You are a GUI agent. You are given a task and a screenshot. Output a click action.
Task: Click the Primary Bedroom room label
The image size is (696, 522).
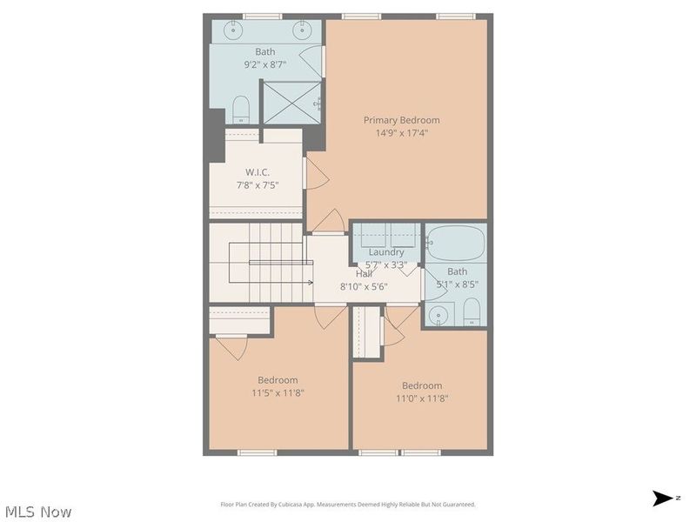[401, 120]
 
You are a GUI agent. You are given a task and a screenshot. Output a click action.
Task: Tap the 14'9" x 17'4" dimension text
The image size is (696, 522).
[401, 133]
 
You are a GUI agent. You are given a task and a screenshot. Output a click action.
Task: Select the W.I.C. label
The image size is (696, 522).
[257, 172]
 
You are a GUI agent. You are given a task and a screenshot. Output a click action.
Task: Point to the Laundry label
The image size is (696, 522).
[386, 252]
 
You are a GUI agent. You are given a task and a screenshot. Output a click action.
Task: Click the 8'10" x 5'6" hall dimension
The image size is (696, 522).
[363, 286]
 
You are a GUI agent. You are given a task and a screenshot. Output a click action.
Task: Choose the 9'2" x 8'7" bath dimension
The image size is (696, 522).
[265, 64]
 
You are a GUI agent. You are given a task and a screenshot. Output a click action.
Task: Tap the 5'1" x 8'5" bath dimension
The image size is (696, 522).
[457, 284]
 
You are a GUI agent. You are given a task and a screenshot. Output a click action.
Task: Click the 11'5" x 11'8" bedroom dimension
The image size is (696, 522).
[278, 392]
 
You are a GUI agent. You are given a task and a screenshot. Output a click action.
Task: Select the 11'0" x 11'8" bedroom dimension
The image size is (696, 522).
[422, 398]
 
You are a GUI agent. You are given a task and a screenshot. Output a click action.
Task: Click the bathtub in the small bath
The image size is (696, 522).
[455, 243]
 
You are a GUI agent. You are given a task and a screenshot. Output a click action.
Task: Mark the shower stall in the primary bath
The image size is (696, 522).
[292, 103]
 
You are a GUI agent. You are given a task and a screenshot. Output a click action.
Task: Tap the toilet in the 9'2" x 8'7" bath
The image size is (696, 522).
[241, 109]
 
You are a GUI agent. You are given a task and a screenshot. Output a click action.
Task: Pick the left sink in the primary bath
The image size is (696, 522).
[234, 30]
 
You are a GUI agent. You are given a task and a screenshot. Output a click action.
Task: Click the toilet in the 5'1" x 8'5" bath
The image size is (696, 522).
[471, 311]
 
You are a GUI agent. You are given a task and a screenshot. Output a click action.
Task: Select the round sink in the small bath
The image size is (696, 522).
[438, 313]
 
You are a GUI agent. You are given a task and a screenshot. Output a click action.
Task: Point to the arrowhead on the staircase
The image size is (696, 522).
[310, 282]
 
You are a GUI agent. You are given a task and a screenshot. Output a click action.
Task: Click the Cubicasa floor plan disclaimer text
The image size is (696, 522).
[348, 505]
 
